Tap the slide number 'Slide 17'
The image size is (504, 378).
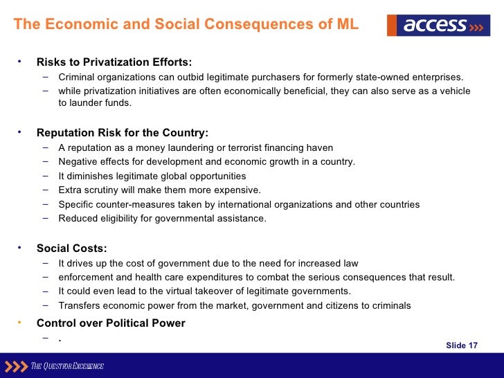(462, 345)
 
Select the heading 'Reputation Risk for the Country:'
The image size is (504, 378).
(122, 133)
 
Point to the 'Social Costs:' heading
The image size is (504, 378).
(72, 249)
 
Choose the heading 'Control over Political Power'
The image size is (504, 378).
(111, 323)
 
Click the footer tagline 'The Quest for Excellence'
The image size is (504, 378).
(67, 366)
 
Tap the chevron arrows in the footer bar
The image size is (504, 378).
(15, 366)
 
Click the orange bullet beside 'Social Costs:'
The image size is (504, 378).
(21, 247)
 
